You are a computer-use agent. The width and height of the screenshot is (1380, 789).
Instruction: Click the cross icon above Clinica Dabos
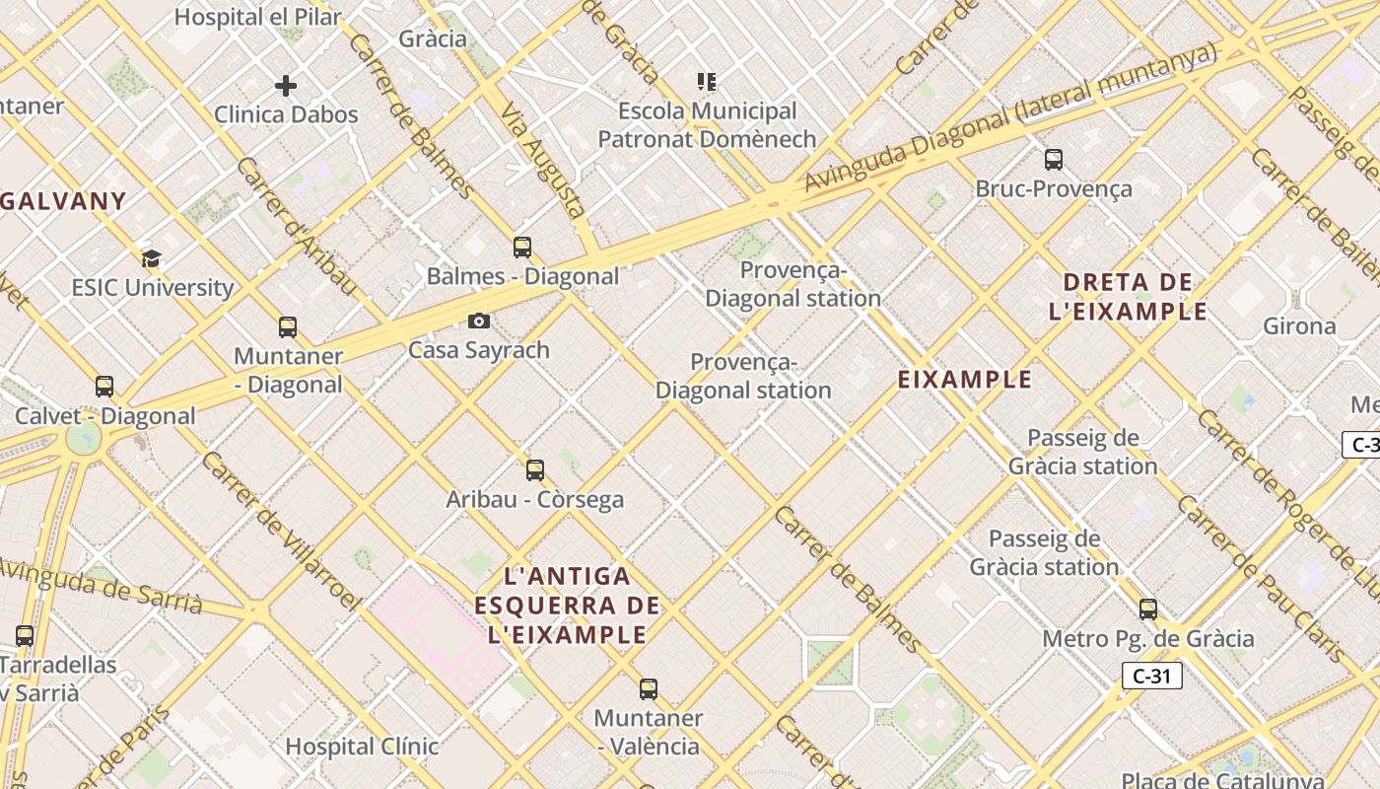click(x=286, y=86)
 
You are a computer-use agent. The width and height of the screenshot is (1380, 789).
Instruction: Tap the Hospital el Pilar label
click(x=258, y=17)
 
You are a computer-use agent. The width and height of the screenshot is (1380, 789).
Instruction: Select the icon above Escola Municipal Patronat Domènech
click(x=706, y=81)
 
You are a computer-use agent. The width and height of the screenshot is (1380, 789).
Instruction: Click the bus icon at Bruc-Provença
click(x=1053, y=159)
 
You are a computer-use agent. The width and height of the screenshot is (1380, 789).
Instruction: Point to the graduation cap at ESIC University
click(x=151, y=259)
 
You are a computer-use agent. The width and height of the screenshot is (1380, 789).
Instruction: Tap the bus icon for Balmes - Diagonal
click(x=522, y=248)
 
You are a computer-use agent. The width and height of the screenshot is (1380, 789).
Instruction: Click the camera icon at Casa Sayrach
click(x=479, y=321)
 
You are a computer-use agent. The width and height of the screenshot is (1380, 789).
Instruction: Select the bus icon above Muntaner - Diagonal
click(x=288, y=327)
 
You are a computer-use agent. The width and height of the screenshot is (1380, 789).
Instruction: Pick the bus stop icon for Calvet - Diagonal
click(x=104, y=387)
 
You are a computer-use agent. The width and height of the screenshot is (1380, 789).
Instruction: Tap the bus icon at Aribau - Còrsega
click(x=535, y=470)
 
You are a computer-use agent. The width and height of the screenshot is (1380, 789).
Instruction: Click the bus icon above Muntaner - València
click(x=649, y=689)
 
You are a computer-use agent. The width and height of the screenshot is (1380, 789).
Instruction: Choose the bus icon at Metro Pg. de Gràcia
click(x=1148, y=610)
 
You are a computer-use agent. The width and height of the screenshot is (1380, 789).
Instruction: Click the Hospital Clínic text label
click(x=362, y=747)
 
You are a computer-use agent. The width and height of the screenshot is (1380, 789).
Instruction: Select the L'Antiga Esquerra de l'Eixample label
click(x=567, y=605)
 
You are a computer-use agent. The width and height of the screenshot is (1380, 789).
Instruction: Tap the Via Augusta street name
click(x=543, y=162)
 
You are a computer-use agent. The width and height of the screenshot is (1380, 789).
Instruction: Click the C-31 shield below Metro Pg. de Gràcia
click(x=1151, y=676)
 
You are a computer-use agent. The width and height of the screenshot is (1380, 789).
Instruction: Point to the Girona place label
click(x=1299, y=325)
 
